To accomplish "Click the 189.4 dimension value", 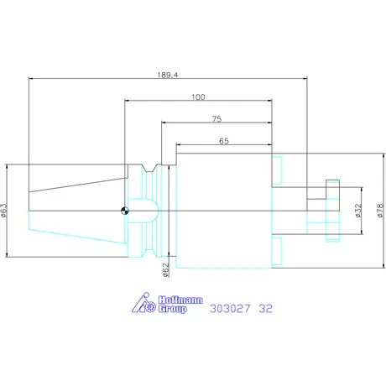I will click(167, 73).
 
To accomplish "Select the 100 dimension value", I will click(198, 97).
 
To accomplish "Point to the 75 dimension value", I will click(216, 119).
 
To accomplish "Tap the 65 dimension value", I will click(224, 142).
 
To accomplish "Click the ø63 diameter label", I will click(6, 210).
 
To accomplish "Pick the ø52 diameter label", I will click(165, 269).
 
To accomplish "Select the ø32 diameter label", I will click(357, 210).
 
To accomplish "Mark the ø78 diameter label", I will click(378, 210).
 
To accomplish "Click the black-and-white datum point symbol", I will click(124, 211).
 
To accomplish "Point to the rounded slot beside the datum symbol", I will click(143, 210).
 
